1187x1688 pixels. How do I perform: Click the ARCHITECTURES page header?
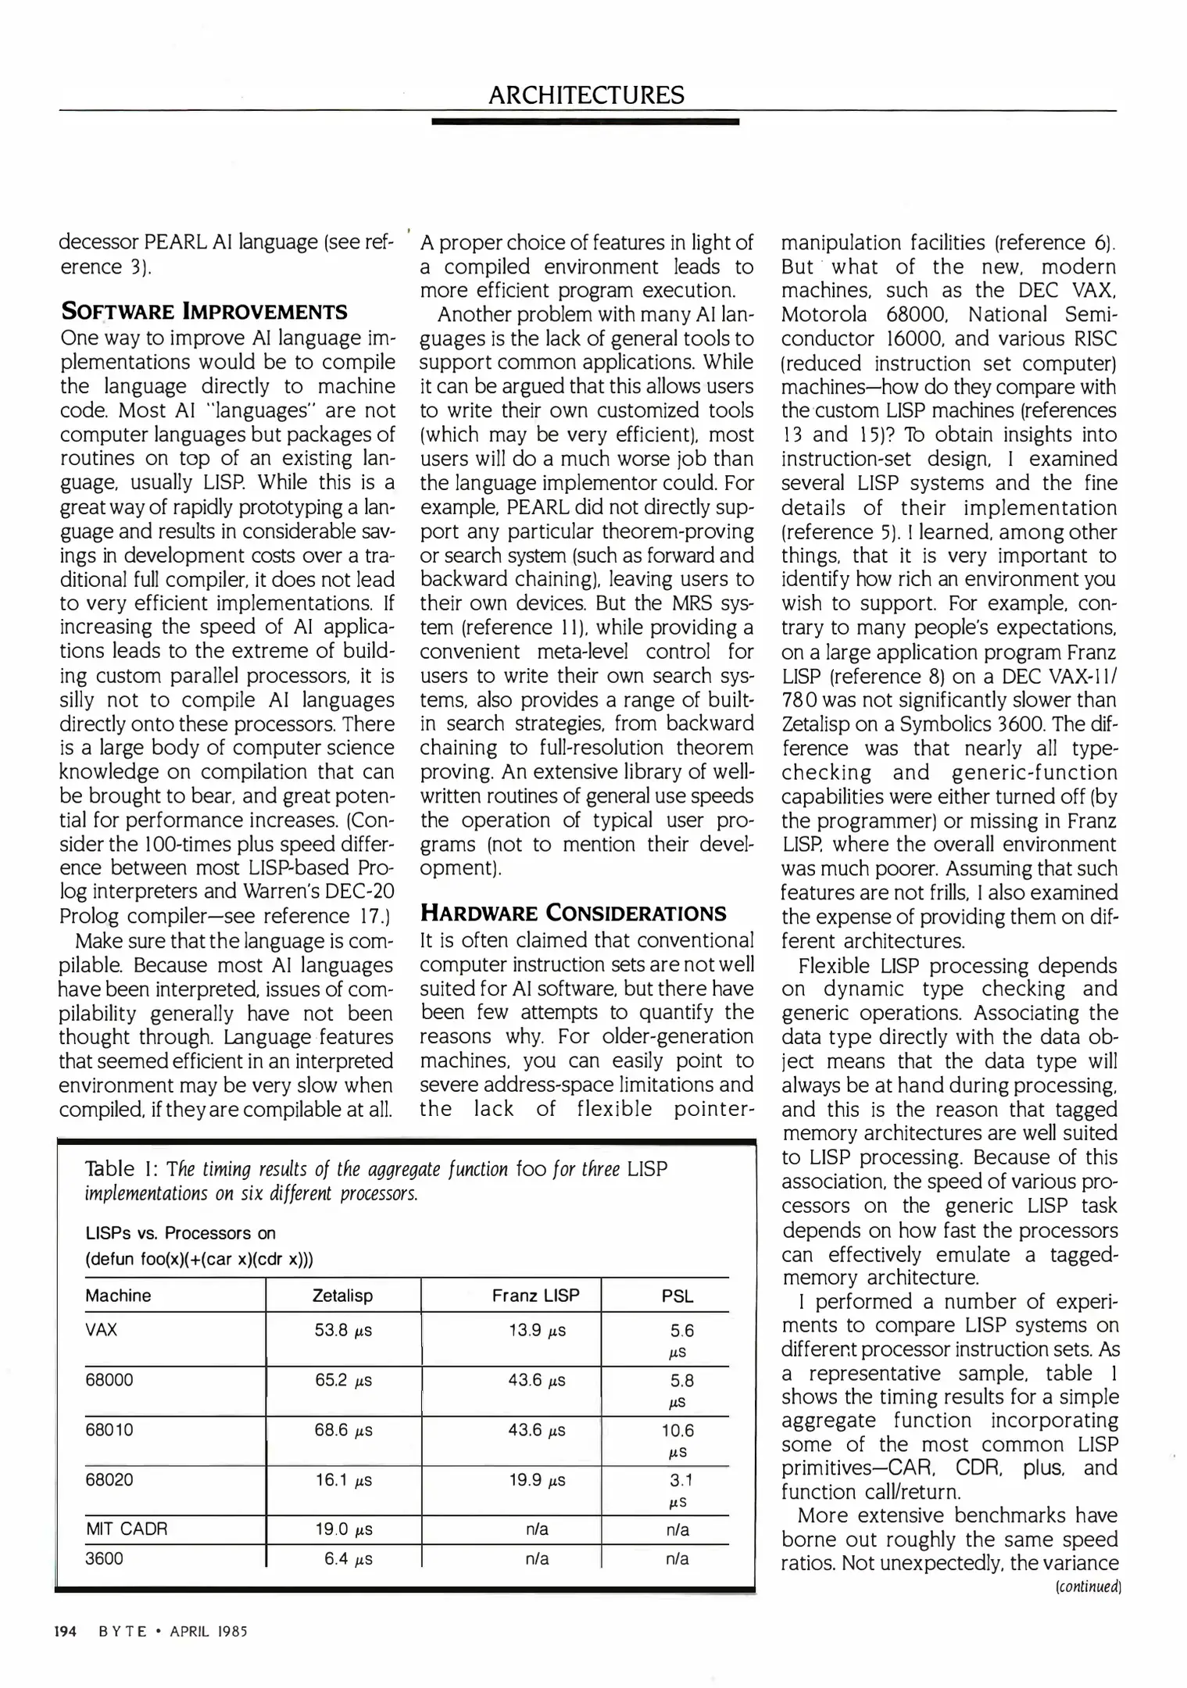(x=586, y=95)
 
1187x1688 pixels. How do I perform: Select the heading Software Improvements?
(x=204, y=312)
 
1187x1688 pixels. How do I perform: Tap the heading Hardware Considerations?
(x=573, y=913)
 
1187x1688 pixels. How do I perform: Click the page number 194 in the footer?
(x=65, y=1631)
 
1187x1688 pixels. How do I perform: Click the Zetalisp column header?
(x=342, y=1296)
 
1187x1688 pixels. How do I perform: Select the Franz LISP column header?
(x=535, y=1296)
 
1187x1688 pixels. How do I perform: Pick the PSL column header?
(x=677, y=1296)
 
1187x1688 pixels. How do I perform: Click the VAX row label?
(x=101, y=1330)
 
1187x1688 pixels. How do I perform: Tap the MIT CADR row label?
(x=127, y=1529)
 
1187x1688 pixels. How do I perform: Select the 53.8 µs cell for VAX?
(x=343, y=1330)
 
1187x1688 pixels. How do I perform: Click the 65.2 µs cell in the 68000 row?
(x=343, y=1380)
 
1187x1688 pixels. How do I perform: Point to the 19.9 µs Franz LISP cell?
(x=537, y=1480)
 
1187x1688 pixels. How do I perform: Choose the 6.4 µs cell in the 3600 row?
(x=348, y=1559)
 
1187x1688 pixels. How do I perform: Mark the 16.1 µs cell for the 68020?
(x=343, y=1480)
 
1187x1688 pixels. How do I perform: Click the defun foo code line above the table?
(x=199, y=1259)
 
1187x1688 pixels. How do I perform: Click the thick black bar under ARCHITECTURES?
(x=585, y=122)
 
